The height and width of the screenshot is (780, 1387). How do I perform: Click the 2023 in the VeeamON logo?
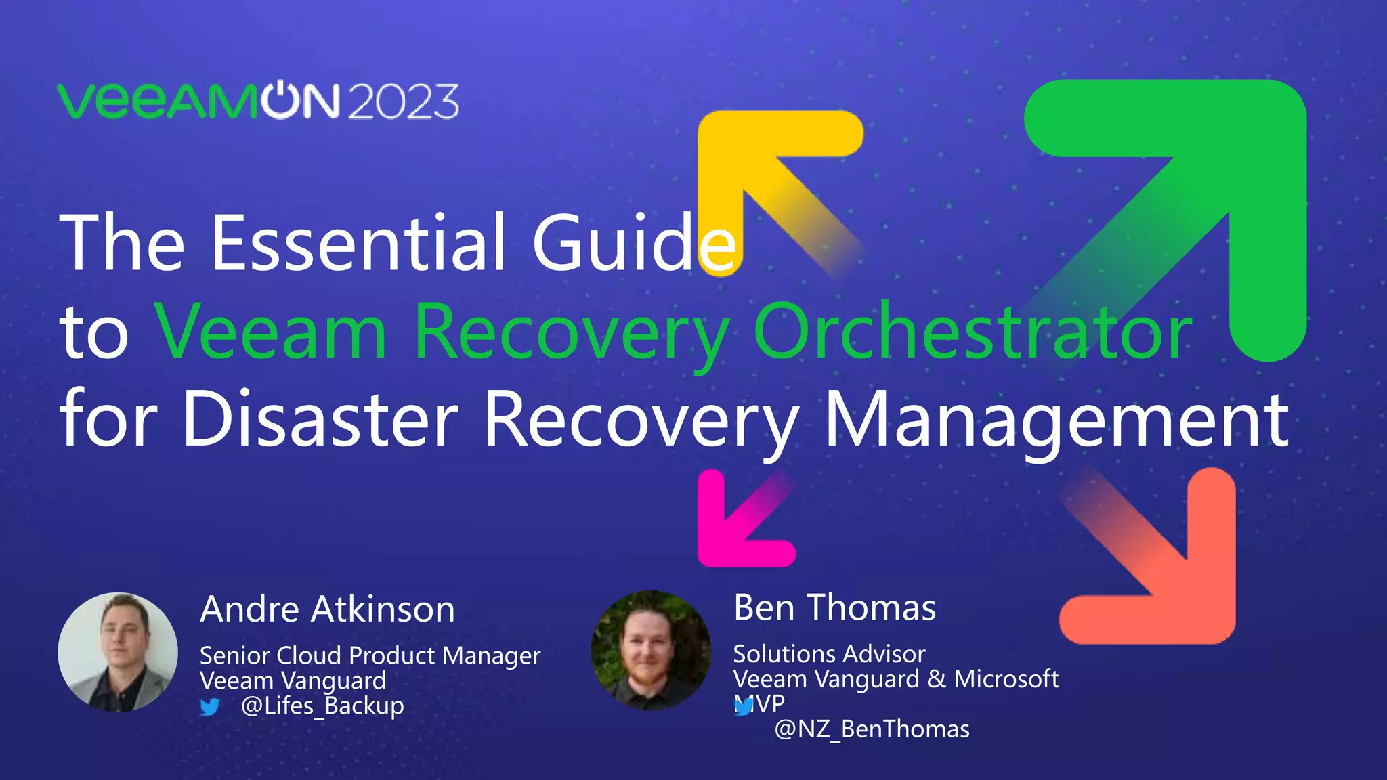pos(404,103)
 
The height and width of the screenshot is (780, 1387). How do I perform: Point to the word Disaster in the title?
pos(320,419)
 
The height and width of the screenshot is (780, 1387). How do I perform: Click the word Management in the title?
pos(1056,419)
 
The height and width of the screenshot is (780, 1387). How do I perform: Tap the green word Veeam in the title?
pos(271,331)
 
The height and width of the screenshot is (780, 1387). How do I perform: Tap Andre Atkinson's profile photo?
pos(118,652)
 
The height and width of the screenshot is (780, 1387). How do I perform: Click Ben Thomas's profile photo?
pos(651,651)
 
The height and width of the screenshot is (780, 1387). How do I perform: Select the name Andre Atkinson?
pos(327,609)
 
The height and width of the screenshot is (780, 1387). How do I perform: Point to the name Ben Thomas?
pos(834,607)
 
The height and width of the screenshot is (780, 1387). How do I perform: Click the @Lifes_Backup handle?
pos(322,706)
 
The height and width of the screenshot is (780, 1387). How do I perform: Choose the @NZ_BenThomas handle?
pos(872,729)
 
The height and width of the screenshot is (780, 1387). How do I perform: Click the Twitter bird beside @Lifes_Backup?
pos(210,707)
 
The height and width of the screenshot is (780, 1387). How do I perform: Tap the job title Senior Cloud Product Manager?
pos(370,655)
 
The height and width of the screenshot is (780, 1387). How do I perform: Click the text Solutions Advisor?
pos(829,654)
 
